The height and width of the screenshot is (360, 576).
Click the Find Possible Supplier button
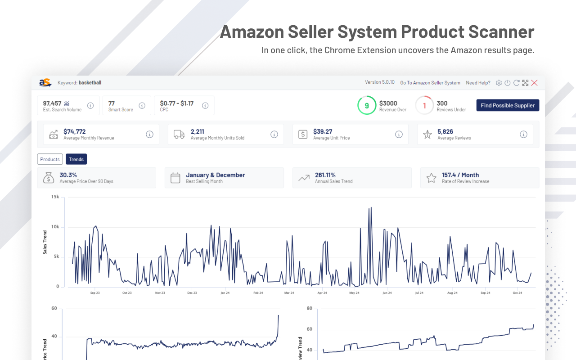tap(508, 105)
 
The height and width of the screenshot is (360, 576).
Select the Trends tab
tap(76, 159)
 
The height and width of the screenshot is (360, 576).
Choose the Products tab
tap(50, 159)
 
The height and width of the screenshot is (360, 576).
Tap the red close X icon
tap(534, 83)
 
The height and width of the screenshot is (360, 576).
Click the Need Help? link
tap(478, 83)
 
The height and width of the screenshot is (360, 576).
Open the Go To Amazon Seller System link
tap(430, 83)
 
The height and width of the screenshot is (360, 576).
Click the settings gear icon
tap(499, 83)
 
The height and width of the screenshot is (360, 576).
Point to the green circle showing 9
tap(367, 105)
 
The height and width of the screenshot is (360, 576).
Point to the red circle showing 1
tap(424, 105)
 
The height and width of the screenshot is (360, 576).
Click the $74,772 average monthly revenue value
tap(75, 131)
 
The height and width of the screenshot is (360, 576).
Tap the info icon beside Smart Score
tap(142, 106)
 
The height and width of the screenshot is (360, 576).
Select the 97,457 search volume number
tap(52, 103)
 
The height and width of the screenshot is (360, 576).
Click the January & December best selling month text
tap(216, 175)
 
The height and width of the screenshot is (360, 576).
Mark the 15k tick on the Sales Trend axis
tap(55, 197)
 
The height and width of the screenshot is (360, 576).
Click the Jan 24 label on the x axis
tap(225, 293)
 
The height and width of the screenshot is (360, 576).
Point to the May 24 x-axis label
tap(354, 293)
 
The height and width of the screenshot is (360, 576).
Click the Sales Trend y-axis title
tap(45, 242)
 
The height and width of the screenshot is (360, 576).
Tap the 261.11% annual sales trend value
tap(325, 175)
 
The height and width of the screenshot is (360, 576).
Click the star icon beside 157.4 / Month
tap(431, 178)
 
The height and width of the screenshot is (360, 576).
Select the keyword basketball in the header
tap(90, 83)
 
